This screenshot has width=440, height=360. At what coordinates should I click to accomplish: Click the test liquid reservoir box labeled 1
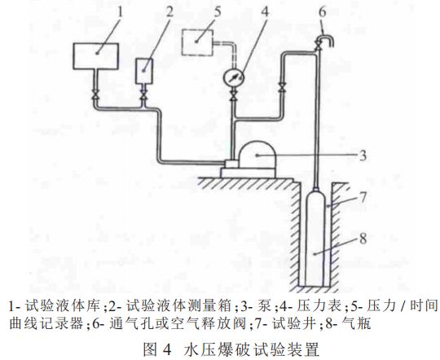pyautogui.click(x=95, y=56)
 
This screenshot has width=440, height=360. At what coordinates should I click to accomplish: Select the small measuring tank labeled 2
pyautogui.click(x=144, y=71)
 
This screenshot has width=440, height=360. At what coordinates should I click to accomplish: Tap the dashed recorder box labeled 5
pyautogui.click(x=197, y=42)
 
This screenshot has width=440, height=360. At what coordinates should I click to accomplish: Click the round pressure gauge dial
pyautogui.click(x=234, y=77)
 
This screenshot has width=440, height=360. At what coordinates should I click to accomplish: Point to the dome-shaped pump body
pyautogui.click(x=257, y=155)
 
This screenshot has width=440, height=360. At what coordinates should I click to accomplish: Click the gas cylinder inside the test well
pyautogui.click(x=315, y=238)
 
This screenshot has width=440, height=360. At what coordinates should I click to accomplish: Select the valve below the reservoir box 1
pyautogui.click(x=95, y=94)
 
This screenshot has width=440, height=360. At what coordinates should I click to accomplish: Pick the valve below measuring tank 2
pyautogui.click(x=144, y=94)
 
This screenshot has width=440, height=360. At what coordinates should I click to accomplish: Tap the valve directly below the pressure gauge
pyautogui.click(x=233, y=95)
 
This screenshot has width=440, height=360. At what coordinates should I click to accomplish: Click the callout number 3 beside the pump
pyautogui.click(x=363, y=156)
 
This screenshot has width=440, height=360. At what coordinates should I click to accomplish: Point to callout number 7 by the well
pyautogui.click(x=363, y=197)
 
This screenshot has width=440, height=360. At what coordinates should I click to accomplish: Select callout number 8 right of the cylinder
pyautogui.click(x=363, y=239)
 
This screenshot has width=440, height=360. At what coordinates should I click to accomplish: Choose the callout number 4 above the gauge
pyautogui.click(x=265, y=11)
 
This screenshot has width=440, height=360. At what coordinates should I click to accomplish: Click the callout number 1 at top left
pyautogui.click(x=121, y=11)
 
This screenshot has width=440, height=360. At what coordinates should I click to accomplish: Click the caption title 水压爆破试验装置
pyautogui.click(x=252, y=349)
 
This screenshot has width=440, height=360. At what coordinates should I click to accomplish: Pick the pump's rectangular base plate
pyautogui.click(x=248, y=173)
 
